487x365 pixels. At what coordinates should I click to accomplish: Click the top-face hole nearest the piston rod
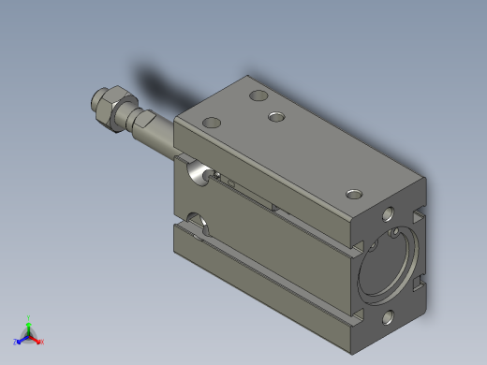tap(212, 122)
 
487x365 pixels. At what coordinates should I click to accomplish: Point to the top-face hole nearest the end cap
tap(354, 194)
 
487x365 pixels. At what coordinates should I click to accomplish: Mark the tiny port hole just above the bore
tap(397, 229)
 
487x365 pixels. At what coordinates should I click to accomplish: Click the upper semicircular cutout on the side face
tap(194, 171)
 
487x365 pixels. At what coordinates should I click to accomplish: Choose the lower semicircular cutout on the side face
tap(197, 222)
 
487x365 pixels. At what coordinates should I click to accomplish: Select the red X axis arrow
tap(37, 339)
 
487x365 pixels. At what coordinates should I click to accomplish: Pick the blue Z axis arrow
tap(20, 339)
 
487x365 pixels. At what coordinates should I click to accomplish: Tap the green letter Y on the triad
tap(29, 317)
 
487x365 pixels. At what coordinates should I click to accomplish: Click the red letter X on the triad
tap(42, 343)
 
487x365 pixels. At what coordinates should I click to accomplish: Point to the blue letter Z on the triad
tap(15, 343)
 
